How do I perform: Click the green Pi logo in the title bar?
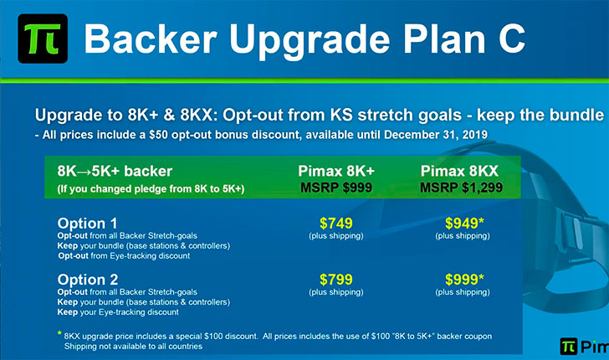pyautogui.click(x=43, y=39)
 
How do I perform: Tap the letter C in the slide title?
pyautogui.click(x=511, y=39)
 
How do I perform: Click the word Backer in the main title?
pyautogui.click(x=151, y=39)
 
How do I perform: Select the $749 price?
pyautogui.click(x=336, y=224)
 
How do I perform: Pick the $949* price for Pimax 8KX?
pyautogui.click(x=464, y=224)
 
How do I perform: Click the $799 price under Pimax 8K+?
pyautogui.click(x=336, y=279)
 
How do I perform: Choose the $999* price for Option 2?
pyautogui.click(x=464, y=279)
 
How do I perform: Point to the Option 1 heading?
pyautogui.click(x=87, y=224)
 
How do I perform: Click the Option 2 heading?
pyautogui.click(x=88, y=280)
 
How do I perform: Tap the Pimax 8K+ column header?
pyautogui.click(x=336, y=171)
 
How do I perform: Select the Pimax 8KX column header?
pyautogui.click(x=459, y=171)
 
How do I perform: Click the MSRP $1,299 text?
pyautogui.click(x=462, y=188)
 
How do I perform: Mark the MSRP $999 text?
pyautogui.click(x=336, y=188)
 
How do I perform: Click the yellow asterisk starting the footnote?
pyautogui.click(x=59, y=333)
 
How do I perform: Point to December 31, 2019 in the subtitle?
pyautogui.click(x=435, y=135)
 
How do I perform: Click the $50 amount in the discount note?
pyautogui.click(x=158, y=135)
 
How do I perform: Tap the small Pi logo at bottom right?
pyautogui.click(x=568, y=346)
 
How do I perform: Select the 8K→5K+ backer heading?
pyautogui.click(x=115, y=171)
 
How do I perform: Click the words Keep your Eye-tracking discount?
pyautogui.click(x=118, y=312)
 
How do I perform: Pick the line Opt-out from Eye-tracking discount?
pyautogui.click(x=124, y=256)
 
